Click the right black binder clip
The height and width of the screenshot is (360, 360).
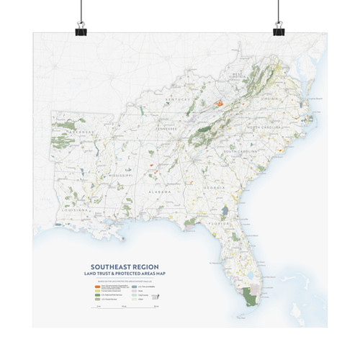279,27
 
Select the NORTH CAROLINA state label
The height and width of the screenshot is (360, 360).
264,127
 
